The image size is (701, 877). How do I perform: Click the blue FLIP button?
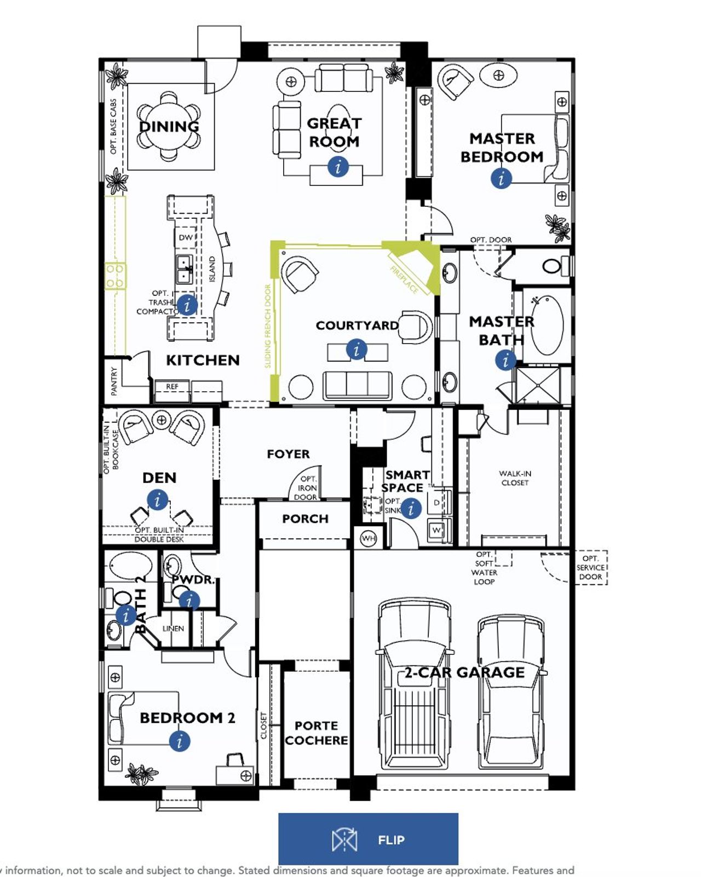coord(368,839)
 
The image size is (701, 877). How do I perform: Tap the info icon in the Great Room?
coord(338,166)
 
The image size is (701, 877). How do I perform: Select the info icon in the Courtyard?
coord(357,349)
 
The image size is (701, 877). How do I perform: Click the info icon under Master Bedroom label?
coord(501,178)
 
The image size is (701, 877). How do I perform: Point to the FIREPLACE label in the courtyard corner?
coord(405,279)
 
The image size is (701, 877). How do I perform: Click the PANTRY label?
coord(114,381)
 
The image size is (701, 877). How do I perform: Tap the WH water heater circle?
coord(369,538)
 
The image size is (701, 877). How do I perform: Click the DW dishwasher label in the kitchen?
coord(186,237)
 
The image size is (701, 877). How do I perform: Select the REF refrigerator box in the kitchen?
coord(172,386)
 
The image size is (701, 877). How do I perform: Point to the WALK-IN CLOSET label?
coord(515,478)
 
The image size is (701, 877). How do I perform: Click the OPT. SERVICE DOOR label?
coord(590,567)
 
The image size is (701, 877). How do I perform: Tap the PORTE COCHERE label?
coord(316,733)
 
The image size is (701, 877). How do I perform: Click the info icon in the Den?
coord(158,500)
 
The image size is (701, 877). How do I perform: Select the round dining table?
coord(169,127)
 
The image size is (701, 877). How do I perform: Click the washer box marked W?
coord(436,530)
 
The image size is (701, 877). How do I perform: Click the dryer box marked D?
coord(436,502)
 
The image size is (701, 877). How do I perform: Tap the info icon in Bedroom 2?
coord(179,741)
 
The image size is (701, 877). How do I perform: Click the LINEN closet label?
coord(173,628)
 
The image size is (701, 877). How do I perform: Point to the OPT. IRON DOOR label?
coord(307,487)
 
